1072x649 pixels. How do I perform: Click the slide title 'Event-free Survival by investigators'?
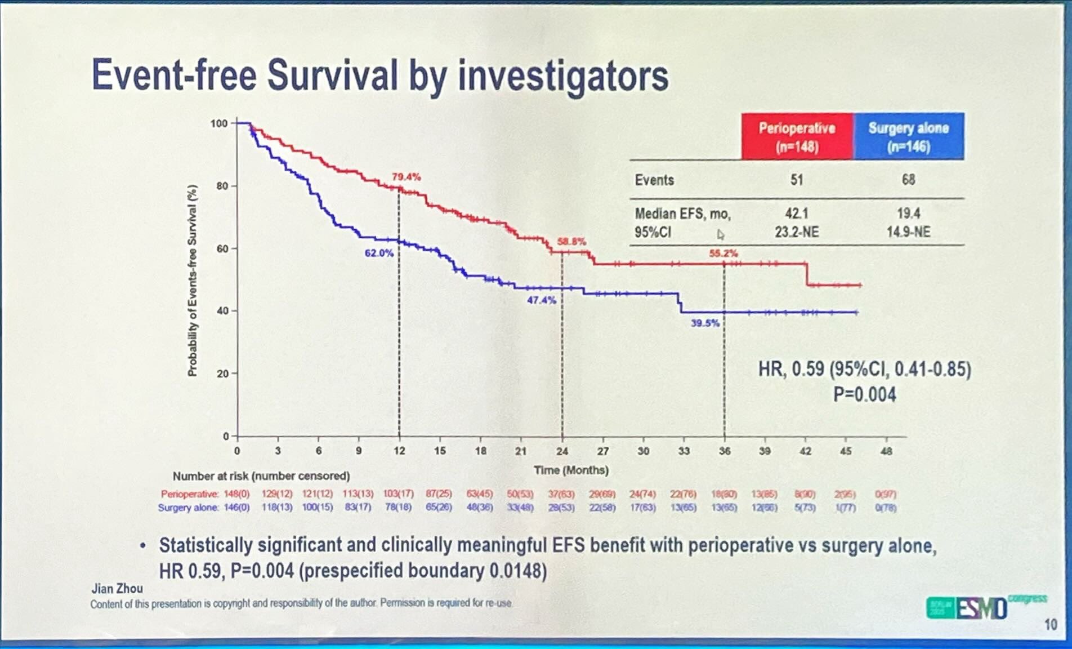pyautogui.click(x=380, y=75)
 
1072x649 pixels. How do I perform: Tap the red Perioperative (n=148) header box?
pyautogui.click(x=797, y=137)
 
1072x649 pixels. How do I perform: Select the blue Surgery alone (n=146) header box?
pyautogui.click(x=908, y=137)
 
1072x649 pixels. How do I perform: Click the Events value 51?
pyautogui.click(x=797, y=180)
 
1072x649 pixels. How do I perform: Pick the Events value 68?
pyautogui.click(x=908, y=180)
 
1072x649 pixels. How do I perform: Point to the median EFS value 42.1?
pyautogui.click(x=797, y=214)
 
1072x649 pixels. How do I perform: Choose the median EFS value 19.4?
pyautogui.click(x=908, y=214)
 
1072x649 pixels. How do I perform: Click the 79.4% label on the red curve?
pyautogui.click(x=406, y=177)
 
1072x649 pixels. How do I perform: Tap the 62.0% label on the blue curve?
pyautogui.click(x=379, y=253)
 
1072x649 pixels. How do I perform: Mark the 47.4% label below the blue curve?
pyautogui.click(x=541, y=300)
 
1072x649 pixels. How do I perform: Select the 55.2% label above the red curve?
pyautogui.click(x=723, y=254)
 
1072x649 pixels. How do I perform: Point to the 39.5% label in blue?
pyautogui.click(x=705, y=323)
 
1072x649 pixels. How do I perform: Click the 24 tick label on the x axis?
pyautogui.click(x=562, y=451)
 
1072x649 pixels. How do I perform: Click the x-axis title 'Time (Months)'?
pyautogui.click(x=571, y=470)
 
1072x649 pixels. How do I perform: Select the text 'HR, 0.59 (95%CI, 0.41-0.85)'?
pyautogui.click(x=864, y=369)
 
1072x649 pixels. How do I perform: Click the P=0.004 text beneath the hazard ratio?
pyautogui.click(x=864, y=394)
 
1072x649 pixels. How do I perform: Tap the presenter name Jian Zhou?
pyautogui.click(x=117, y=589)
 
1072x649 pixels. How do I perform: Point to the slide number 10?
pyautogui.click(x=1050, y=624)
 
